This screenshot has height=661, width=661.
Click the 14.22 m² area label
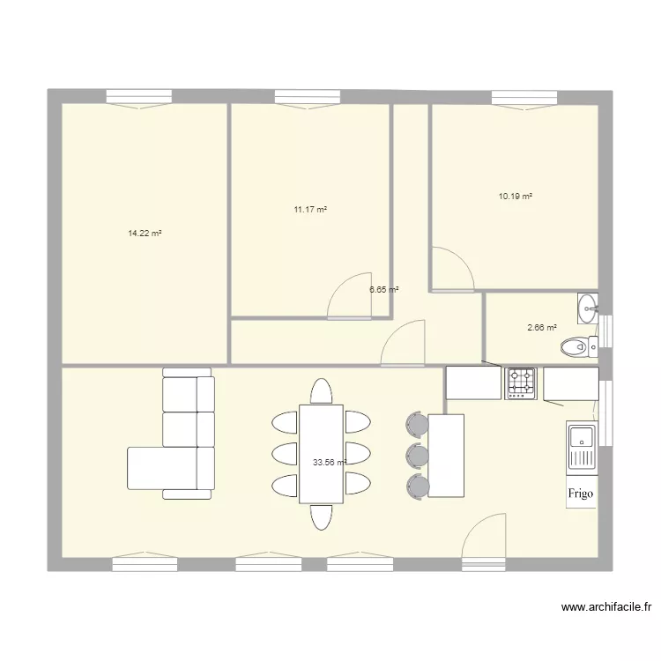point(145,234)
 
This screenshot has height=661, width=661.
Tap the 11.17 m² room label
point(310,210)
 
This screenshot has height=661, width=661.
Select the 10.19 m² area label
point(516,197)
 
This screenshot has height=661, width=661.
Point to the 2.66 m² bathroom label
point(542,328)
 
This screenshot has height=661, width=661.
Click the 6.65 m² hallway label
point(384,289)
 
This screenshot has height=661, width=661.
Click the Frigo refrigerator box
point(580,494)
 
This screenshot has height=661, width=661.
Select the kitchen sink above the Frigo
point(582,445)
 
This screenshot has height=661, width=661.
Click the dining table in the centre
point(321,454)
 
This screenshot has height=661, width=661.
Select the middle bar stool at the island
point(417,456)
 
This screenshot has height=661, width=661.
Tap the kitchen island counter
point(446,456)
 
